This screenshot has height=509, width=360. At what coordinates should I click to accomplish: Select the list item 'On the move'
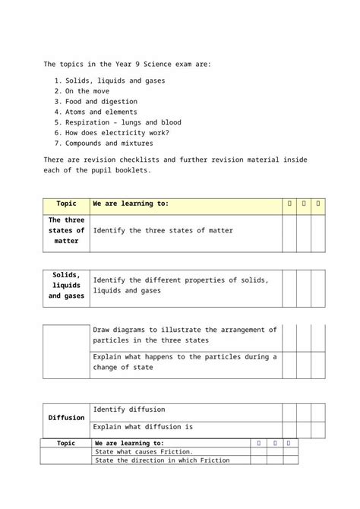point(87,91)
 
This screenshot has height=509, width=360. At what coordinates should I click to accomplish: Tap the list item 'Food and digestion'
point(101,101)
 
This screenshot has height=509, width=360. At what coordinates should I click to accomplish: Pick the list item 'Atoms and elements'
point(101,112)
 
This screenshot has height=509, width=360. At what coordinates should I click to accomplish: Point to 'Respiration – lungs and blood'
point(123,122)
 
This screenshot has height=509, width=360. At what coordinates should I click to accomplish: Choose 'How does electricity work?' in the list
point(117,132)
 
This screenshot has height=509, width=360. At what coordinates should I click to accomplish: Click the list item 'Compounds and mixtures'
point(109,143)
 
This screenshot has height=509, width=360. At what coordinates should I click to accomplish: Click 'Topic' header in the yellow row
point(66,204)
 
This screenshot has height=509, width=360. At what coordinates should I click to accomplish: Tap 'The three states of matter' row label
point(66,230)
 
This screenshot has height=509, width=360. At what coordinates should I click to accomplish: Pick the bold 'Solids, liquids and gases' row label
point(66,285)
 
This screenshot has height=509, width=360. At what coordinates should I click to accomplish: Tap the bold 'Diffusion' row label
point(66,418)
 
